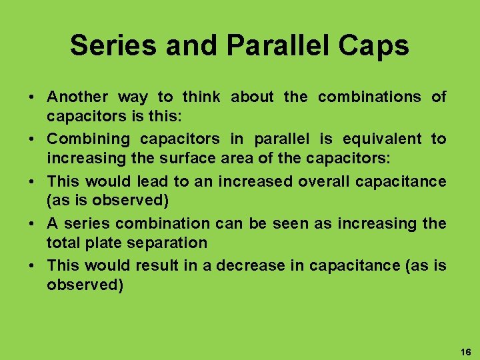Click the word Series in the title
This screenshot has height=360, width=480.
109,45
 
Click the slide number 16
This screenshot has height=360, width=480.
465,351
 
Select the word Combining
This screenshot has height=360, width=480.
88,139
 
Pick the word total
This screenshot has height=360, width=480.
63,244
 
